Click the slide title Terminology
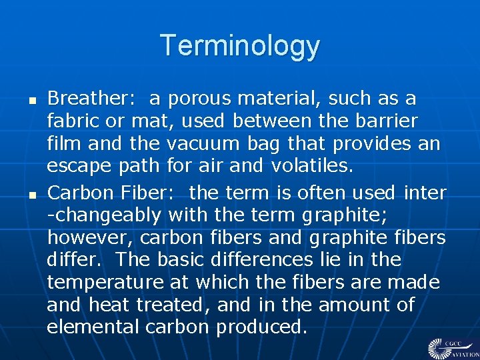tap(240, 46)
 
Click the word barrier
tap(387, 121)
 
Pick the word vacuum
tap(203, 144)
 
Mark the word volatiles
tap(311, 167)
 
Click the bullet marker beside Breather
tap(31, 101)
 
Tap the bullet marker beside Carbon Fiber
tap(31, 195)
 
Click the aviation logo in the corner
tap(452, 347)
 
